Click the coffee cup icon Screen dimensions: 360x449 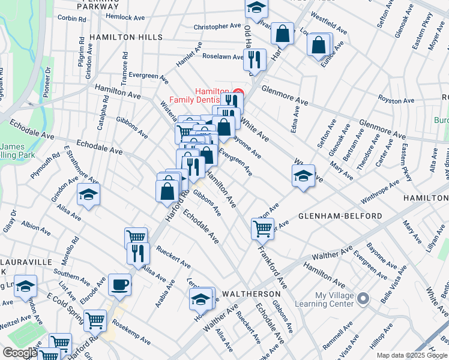[119, 284]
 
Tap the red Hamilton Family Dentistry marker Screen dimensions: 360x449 [237, 95]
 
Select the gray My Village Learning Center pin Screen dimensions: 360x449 [363, 298]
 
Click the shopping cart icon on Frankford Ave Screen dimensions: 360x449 [262, 228]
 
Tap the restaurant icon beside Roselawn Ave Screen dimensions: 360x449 [255, 59]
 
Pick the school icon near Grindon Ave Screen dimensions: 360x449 [88, 195]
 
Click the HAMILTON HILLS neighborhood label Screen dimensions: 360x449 [125, 37]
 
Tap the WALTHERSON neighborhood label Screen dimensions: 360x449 [251, 294]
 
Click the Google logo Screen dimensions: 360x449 [19, 353]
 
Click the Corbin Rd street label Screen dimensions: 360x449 [72, 19]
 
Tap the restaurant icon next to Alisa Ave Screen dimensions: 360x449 [138, 253]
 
